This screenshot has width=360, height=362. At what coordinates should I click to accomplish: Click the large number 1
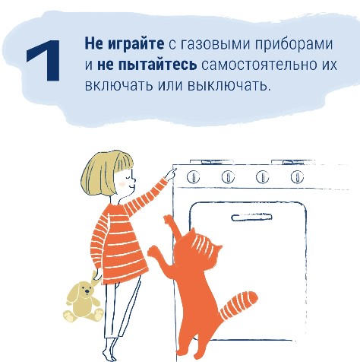coord(44,60)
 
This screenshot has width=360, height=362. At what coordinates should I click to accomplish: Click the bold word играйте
coord(136,43)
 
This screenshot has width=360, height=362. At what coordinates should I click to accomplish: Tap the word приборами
coord(293,45)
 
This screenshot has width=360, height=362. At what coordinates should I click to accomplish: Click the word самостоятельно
coord(257,65)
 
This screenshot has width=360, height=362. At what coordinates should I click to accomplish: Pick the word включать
coord(118,85)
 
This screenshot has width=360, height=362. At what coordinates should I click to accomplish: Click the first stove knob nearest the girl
coord(193,176)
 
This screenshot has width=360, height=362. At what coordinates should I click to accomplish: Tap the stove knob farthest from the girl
coord(297,176)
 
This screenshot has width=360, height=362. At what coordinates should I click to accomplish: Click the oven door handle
coord(251,218)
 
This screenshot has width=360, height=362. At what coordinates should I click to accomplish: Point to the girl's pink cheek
coord(122,183)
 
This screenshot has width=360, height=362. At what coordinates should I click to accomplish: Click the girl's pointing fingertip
coord(175,170)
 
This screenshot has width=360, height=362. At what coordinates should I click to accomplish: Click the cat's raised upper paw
coord(168,219)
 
